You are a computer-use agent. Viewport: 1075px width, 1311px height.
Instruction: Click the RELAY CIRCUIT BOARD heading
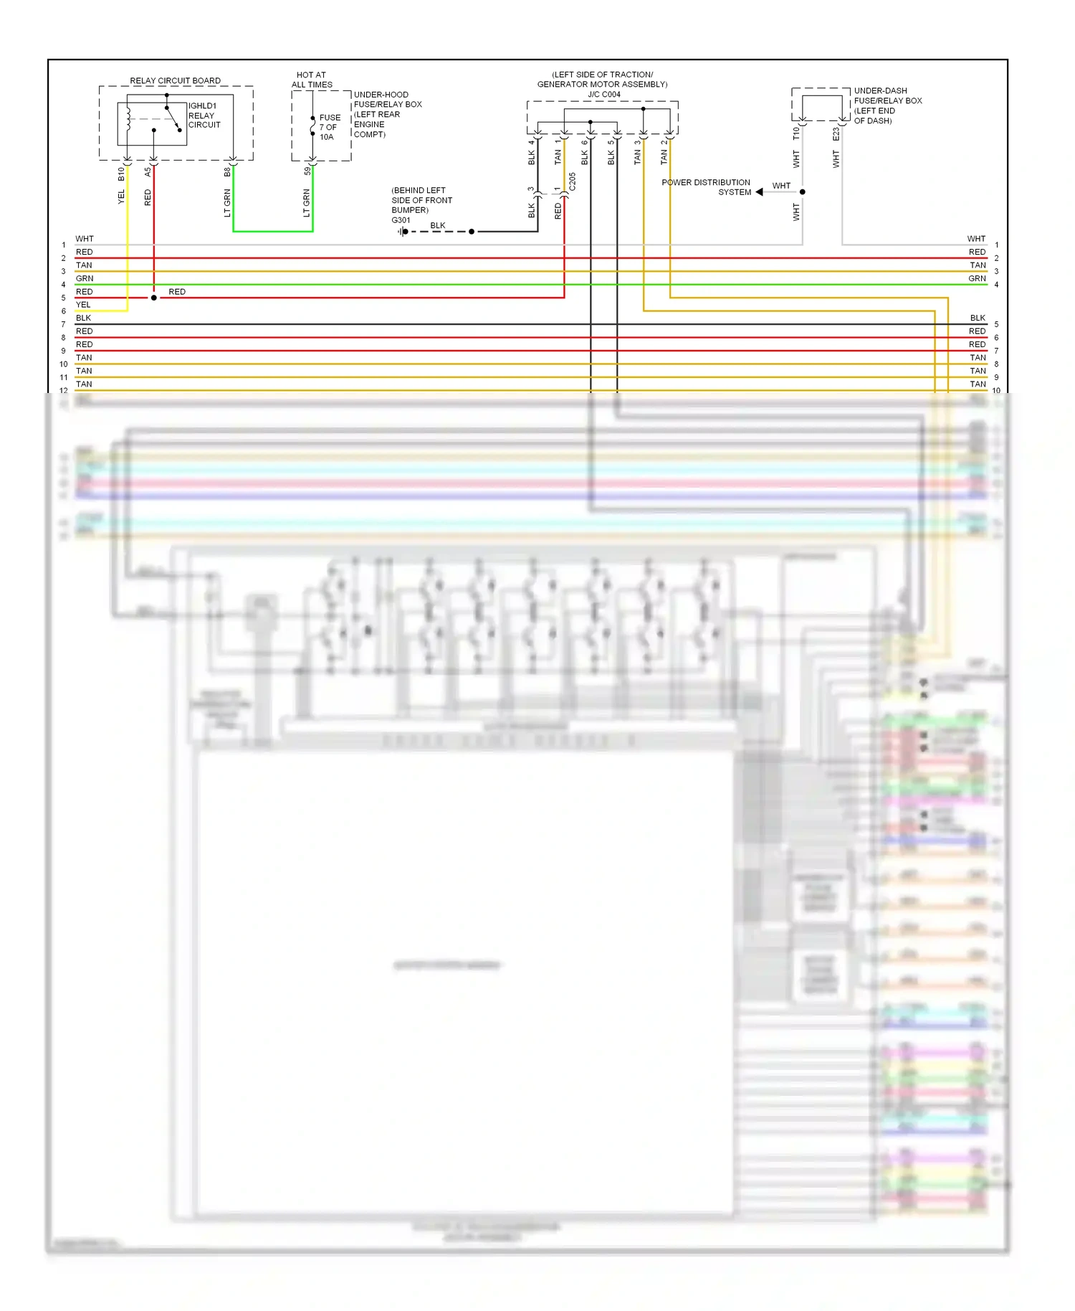pyautogui.click(x=175, y=80)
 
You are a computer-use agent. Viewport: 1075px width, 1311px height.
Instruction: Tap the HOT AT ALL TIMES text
pyautogui.click(x=311, y=80)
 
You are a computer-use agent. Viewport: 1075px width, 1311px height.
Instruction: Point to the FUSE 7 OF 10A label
pyautogui.click(x=330, y=127)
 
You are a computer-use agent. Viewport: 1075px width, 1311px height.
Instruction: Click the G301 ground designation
pyautogui.click(x=401, y=220)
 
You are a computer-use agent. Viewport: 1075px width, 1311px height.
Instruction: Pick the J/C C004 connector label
pyautogui.click(x=603, y=94)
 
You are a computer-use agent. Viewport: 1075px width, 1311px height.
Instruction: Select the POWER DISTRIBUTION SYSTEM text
pyautogui.click(x=706, y=187)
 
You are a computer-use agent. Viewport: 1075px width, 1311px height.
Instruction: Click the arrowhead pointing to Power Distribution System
pyautogui.click(x=759, y=192)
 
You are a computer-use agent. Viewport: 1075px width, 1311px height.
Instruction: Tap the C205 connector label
pyautogui.click(x=572, y=181)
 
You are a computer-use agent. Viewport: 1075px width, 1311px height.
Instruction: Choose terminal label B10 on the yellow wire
pyautogui.click(x=121, y=174)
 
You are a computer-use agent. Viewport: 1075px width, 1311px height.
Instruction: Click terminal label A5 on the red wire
pyautogui.click(x=148, y=172)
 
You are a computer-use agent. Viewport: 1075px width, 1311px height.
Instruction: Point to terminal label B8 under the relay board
pyautogui.click(x=227, y=172)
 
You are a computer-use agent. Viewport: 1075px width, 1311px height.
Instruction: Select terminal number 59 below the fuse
pyautogui.click(x=307, y=171)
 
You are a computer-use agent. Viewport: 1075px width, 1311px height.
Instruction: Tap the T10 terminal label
pyautogui.click(x=795, y=133)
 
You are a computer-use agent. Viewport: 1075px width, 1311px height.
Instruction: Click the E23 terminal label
pyautogui.click(x=836, y=134)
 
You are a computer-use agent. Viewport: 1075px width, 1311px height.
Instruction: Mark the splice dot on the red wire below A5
pyautogui.click(x=154, y=298)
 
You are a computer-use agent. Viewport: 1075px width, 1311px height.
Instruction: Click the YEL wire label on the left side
pyautogui.click(x=83, y=305)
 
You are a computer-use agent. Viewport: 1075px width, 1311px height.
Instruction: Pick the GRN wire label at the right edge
pyautogui.click(x=977, y=278)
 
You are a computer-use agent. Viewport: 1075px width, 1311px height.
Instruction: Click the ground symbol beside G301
pyautogui.click(x=403, y=232)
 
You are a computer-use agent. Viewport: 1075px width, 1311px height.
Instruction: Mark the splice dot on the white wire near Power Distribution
pyautogui.click(x=803, y=192)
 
